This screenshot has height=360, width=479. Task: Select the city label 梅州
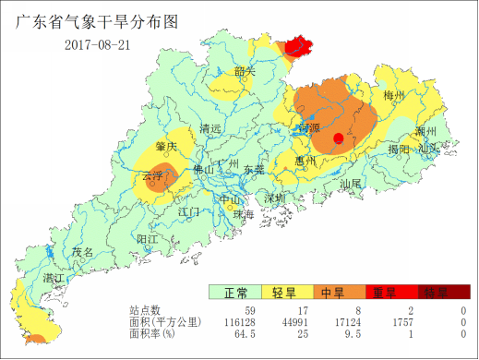coord(394,95)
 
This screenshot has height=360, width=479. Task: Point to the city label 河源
coord(309,127)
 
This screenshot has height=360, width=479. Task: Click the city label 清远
coord(210,129)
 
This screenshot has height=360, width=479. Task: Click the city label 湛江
coord(54,278)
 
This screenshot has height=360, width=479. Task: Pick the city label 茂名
coord(83,252)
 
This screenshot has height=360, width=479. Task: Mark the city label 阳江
coord(147,239)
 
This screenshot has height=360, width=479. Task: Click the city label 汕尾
coord(351,184)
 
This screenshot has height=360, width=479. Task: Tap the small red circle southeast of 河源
coord(339,138)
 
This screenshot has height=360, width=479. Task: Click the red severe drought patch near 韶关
coord(297,46)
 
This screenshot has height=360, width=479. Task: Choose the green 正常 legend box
coord(234,294)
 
